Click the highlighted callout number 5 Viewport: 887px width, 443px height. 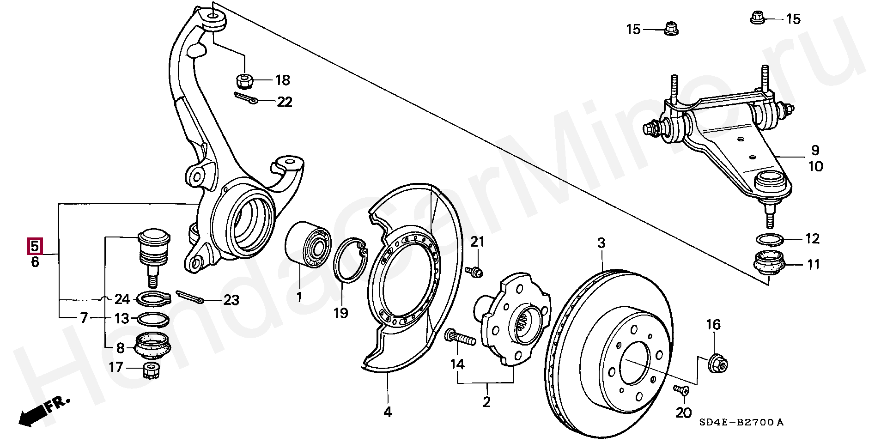point(35,246)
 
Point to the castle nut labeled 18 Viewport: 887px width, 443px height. point(244,81)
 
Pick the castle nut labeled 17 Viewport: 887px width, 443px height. point(152,370)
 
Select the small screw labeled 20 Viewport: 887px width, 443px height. point(681,390)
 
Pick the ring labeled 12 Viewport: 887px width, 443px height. point(770,240)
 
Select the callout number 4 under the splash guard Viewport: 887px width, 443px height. point(388,412)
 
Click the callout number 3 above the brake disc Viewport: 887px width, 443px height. point(601,243)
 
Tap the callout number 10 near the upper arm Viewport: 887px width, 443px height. point(815,166)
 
